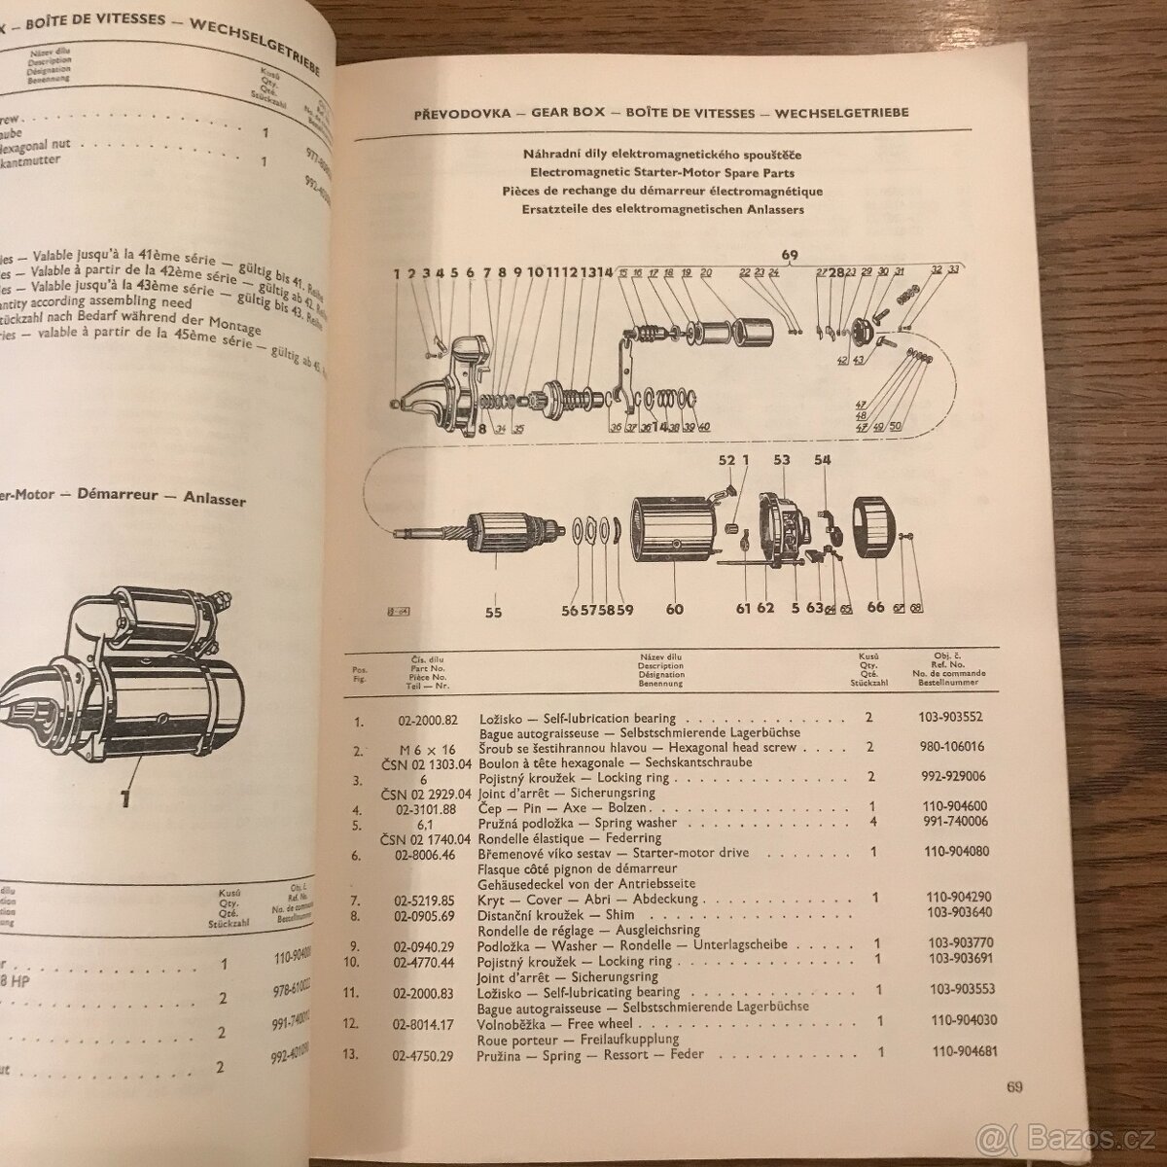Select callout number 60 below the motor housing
(673, 610)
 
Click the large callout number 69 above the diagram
(789, 257)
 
